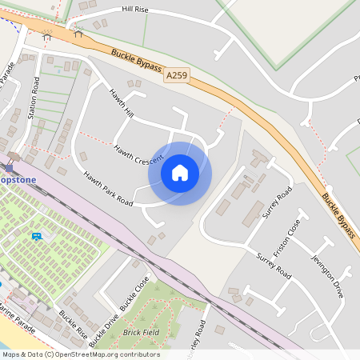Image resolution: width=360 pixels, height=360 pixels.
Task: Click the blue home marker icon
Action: (180, 173)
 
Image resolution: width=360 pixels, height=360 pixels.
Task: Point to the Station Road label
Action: (34, 98)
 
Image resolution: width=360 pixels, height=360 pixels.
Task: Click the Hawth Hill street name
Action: (121, 104)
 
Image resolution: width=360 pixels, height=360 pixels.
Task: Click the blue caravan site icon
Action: (37, 236)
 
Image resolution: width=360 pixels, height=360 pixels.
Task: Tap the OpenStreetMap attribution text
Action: (80, 354)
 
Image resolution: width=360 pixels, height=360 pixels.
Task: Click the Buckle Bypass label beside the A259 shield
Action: (136, 62)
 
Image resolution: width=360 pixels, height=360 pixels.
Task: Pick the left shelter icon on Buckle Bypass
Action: (46, 35)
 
